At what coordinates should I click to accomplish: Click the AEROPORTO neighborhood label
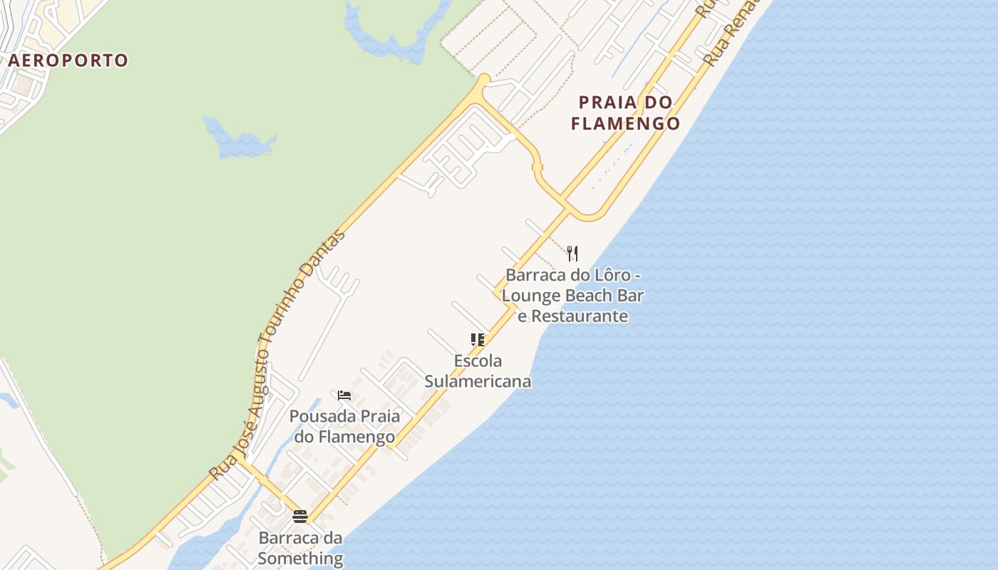(68, 61)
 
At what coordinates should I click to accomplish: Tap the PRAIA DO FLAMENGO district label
(626, 113)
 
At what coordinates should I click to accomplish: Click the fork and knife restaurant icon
(572, 253)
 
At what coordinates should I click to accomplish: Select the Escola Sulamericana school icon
(478, 340)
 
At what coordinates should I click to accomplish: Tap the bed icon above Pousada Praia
(344, 395)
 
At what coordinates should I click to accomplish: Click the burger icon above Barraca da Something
(300, 517)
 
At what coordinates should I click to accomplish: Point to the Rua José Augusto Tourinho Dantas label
(278, 354)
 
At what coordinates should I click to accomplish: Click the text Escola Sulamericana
(478, 370)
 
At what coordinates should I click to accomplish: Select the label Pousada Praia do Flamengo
(344, 426)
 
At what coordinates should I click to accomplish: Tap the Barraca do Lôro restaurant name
(572, 295)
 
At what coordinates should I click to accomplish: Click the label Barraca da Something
(300, 547)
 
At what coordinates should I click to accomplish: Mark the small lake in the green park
(239, 139)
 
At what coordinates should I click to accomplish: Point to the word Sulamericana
(478, 381)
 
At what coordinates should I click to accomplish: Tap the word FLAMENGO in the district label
(626, 123)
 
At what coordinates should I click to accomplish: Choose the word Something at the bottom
(300, 558)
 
